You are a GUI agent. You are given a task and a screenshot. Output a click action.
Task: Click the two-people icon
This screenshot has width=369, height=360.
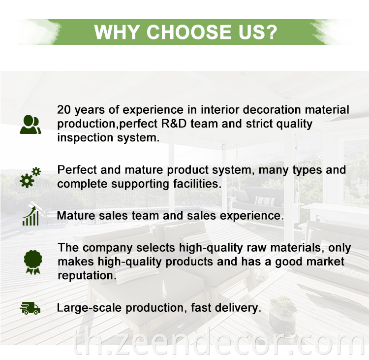31,125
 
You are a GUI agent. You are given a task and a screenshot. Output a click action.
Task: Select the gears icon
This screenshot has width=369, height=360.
30,177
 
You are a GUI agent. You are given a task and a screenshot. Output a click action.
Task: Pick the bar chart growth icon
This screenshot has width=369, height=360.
31,216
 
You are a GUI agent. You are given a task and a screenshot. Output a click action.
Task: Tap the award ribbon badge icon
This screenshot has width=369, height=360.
33,262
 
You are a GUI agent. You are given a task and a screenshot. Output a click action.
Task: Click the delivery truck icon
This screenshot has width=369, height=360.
30,308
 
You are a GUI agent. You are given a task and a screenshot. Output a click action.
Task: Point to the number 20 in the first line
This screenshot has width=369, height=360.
64,110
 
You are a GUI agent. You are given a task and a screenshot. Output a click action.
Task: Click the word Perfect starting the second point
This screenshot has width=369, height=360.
77,170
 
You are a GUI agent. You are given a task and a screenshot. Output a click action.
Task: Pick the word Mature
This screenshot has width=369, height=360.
76,216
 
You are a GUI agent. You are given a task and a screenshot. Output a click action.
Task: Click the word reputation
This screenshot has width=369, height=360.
87,276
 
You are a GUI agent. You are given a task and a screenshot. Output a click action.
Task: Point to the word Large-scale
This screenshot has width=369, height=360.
89,308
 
